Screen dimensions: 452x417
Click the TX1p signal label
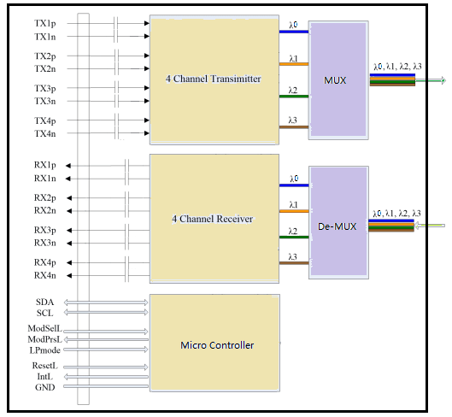click(45, 24)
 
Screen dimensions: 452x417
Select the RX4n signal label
click(45, 275)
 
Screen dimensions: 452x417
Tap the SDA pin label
click(45, 302)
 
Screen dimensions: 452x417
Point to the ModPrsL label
click(45, 339)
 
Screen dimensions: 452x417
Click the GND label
click(45, 387)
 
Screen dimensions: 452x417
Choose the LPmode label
click(45, 350)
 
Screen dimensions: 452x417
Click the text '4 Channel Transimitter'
click(214, 79)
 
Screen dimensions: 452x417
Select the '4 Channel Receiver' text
click(213, 219)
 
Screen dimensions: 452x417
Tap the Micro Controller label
click(217, 345)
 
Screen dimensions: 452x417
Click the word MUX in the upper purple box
click(335, 80)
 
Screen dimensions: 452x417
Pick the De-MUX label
click(337, 226)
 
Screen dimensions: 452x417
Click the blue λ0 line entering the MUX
click(294, 32)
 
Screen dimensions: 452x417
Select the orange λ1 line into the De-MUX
click(294, 211)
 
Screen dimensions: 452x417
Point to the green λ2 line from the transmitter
click(294, 97)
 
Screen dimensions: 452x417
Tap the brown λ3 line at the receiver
click(294, 263)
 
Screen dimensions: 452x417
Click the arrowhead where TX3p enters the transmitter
click(147, 88)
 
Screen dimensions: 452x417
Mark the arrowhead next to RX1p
click(68, 166)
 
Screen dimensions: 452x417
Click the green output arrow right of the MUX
click(431, 80)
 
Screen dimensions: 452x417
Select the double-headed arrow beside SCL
click(106, 312)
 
